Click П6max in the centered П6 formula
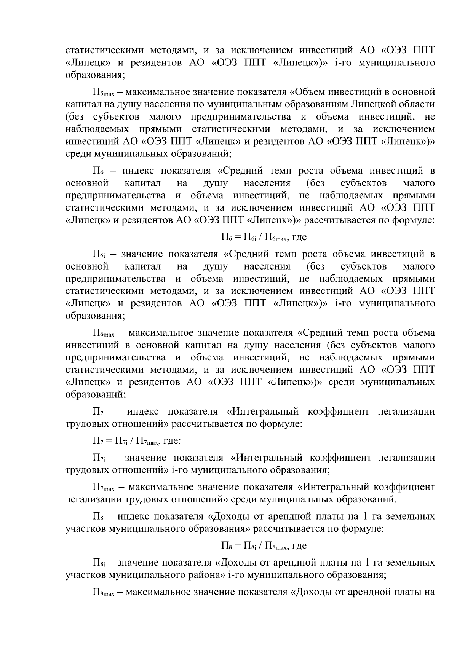click(275, 238)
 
